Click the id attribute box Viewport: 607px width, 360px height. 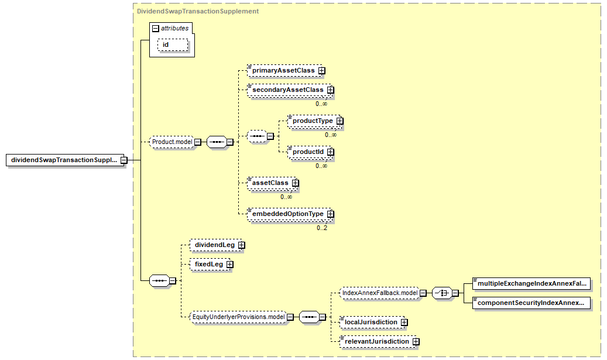click(173, 45)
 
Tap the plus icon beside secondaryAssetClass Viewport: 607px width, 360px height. click(330, 90)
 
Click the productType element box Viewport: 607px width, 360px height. click(314, 121)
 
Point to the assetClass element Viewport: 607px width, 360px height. click(272, 183)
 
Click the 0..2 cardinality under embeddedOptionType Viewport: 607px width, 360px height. click(322, 228)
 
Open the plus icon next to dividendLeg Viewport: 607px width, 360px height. click(242, 245)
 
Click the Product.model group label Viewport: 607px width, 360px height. click(172, 142)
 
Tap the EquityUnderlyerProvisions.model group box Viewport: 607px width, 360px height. click(238, 317)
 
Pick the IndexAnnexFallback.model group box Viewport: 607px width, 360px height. click(380, 293)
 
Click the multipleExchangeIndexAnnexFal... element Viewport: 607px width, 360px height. click(531, 283)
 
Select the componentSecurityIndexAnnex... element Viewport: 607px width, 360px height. click(531, 303)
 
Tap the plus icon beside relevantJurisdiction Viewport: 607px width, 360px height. click(416, 341)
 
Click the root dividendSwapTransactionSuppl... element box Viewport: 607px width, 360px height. click(65, 160)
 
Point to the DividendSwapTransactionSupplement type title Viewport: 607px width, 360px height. click(198, 11)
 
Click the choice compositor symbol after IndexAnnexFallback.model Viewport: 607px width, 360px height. click(442, 293)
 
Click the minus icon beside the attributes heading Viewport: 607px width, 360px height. click(156, 28)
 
